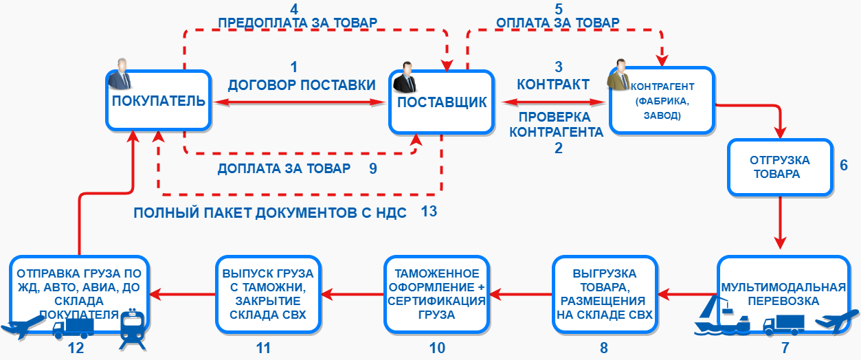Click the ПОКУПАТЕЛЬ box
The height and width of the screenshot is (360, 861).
point(159,100)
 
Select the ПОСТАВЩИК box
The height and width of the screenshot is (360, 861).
point(442,102)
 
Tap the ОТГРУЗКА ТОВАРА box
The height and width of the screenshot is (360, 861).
point(780,167)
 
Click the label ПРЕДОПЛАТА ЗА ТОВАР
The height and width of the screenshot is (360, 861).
point(298,23)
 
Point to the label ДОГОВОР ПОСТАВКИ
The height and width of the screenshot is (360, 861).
point(302,85)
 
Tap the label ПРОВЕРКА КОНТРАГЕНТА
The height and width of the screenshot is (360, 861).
point(557,124)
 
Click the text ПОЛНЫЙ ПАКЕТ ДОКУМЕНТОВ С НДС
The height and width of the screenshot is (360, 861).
point(269,212)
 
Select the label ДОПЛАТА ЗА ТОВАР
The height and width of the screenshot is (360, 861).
point(284,168)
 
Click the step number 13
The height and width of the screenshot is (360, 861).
point(429,212)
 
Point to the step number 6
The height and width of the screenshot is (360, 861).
point(844,165)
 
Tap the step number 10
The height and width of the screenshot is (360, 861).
point(437,348)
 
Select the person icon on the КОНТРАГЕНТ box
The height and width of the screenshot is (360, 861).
point(618,75)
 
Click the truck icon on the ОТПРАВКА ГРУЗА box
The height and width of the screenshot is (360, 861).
point(73,328)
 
